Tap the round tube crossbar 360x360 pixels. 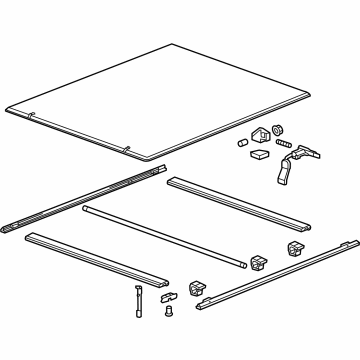pos(165,232)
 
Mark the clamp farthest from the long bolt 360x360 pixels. pos(296,247)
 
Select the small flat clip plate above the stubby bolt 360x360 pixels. pos(167,295)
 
